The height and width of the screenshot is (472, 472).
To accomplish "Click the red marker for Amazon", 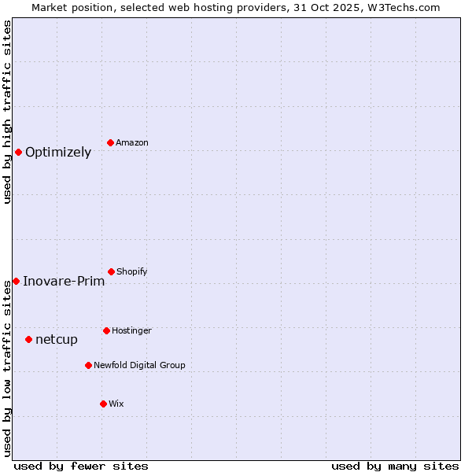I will (110, 142).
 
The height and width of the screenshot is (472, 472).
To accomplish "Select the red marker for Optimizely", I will (18, 152).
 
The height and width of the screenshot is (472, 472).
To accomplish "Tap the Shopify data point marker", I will (111, 271).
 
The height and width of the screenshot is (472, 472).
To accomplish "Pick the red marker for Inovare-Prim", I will (16, 281).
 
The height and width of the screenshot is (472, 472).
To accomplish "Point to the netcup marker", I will (28, 339).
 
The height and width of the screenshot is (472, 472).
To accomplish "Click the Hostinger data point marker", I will (106, 330).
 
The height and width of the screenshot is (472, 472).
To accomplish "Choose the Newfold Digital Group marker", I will (88, 365).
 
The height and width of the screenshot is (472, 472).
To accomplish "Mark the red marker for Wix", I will (103, 404).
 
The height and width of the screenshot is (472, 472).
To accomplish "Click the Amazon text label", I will (132, 142).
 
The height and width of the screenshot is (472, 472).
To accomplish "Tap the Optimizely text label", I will (58, 153).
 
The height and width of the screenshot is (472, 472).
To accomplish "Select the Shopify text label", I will (132, 271).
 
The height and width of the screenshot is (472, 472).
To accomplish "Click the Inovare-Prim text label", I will (64, 282).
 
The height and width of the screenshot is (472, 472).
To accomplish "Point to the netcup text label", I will (57, 340).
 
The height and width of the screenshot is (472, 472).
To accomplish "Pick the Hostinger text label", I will (131, 330).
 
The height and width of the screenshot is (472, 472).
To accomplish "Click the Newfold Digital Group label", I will (139, 365).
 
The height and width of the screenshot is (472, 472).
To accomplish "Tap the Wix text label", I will (116, 404).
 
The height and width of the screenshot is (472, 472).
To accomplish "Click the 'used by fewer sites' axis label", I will (81, 466).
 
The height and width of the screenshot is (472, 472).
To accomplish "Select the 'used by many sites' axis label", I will (395, 466).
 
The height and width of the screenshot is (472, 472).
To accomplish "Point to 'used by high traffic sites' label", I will (7, 111).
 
